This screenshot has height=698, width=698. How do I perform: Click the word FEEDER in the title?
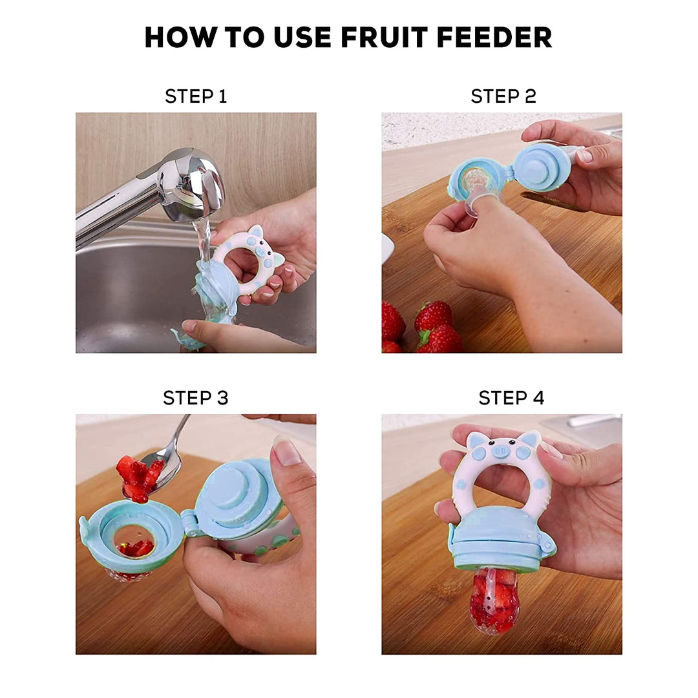494,37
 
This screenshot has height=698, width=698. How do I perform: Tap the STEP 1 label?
196,96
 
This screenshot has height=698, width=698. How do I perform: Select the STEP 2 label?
503,96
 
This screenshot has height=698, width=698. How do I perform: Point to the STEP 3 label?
195,397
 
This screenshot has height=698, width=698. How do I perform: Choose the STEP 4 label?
511,397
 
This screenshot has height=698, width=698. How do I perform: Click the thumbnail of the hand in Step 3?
286,450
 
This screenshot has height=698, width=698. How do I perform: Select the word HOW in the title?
178,37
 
